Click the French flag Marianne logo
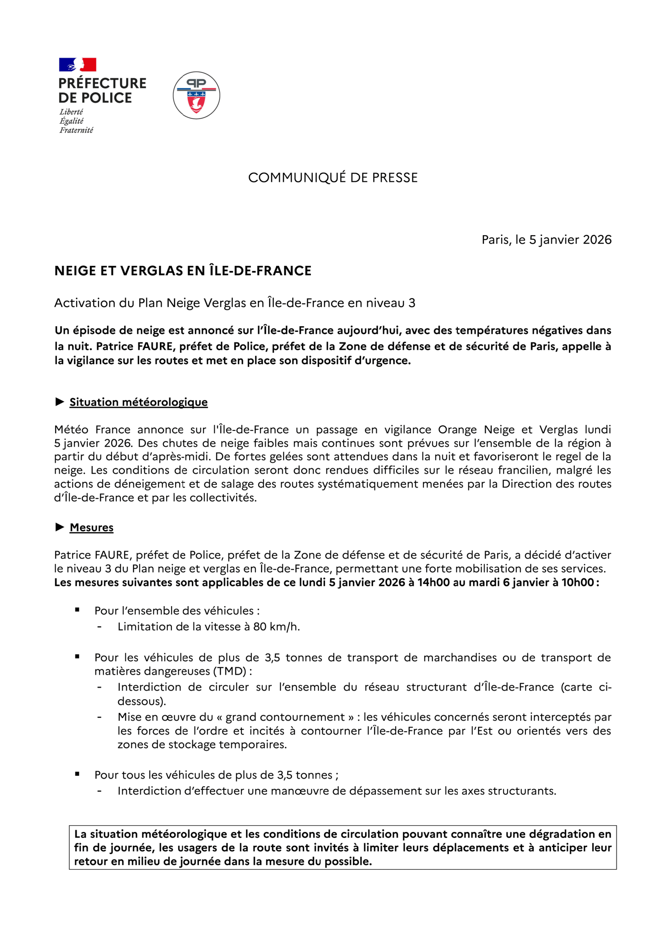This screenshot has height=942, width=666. click(x=77, y=65)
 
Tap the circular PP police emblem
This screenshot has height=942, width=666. click(x=196, y=95)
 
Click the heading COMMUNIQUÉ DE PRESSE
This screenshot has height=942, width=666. click(x=333, y=178)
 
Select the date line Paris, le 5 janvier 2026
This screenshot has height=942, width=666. click(x=546, y=240)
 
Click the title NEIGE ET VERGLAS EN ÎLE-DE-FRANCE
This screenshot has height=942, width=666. click(x=183, y=271)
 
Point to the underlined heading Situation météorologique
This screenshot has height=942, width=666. click(x=139, y=402)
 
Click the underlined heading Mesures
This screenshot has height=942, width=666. click(x=91, y=527)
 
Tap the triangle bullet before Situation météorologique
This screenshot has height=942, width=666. click(x=60, y=402)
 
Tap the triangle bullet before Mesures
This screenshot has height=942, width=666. click(x=60, y=527)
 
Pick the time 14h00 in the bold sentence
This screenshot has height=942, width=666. click(x=434, y=582)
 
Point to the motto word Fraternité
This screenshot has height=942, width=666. click(x=76, y=130)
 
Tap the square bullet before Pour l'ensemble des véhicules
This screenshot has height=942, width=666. click(x=77, y=610)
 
